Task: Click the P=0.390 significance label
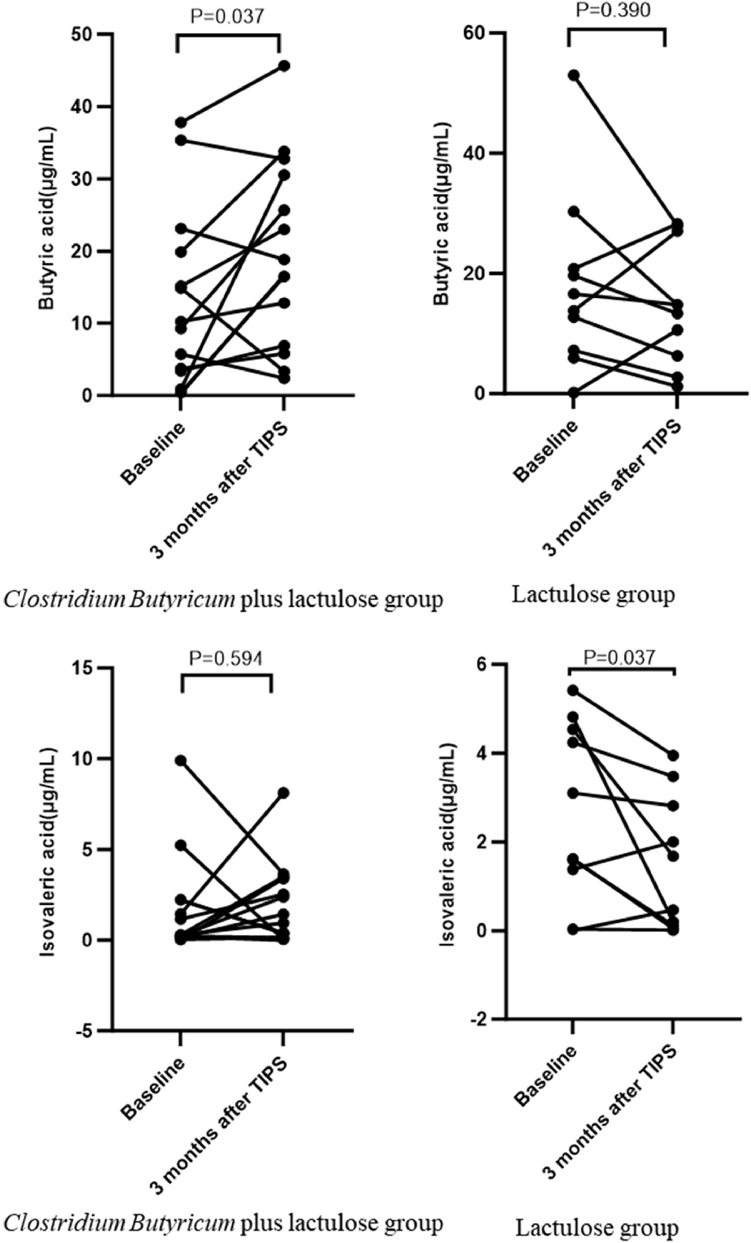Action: point(613,10)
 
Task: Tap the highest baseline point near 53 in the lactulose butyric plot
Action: point(574,75)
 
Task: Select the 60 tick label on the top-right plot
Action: point(474,33)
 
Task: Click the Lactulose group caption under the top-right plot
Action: point(593,595)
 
